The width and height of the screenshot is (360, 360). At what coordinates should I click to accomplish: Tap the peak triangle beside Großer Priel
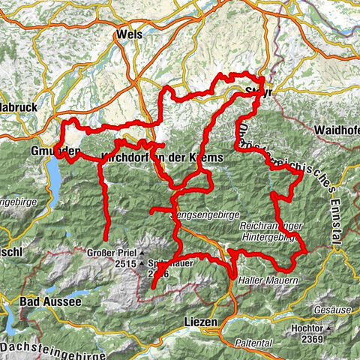(x=141, y=253)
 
